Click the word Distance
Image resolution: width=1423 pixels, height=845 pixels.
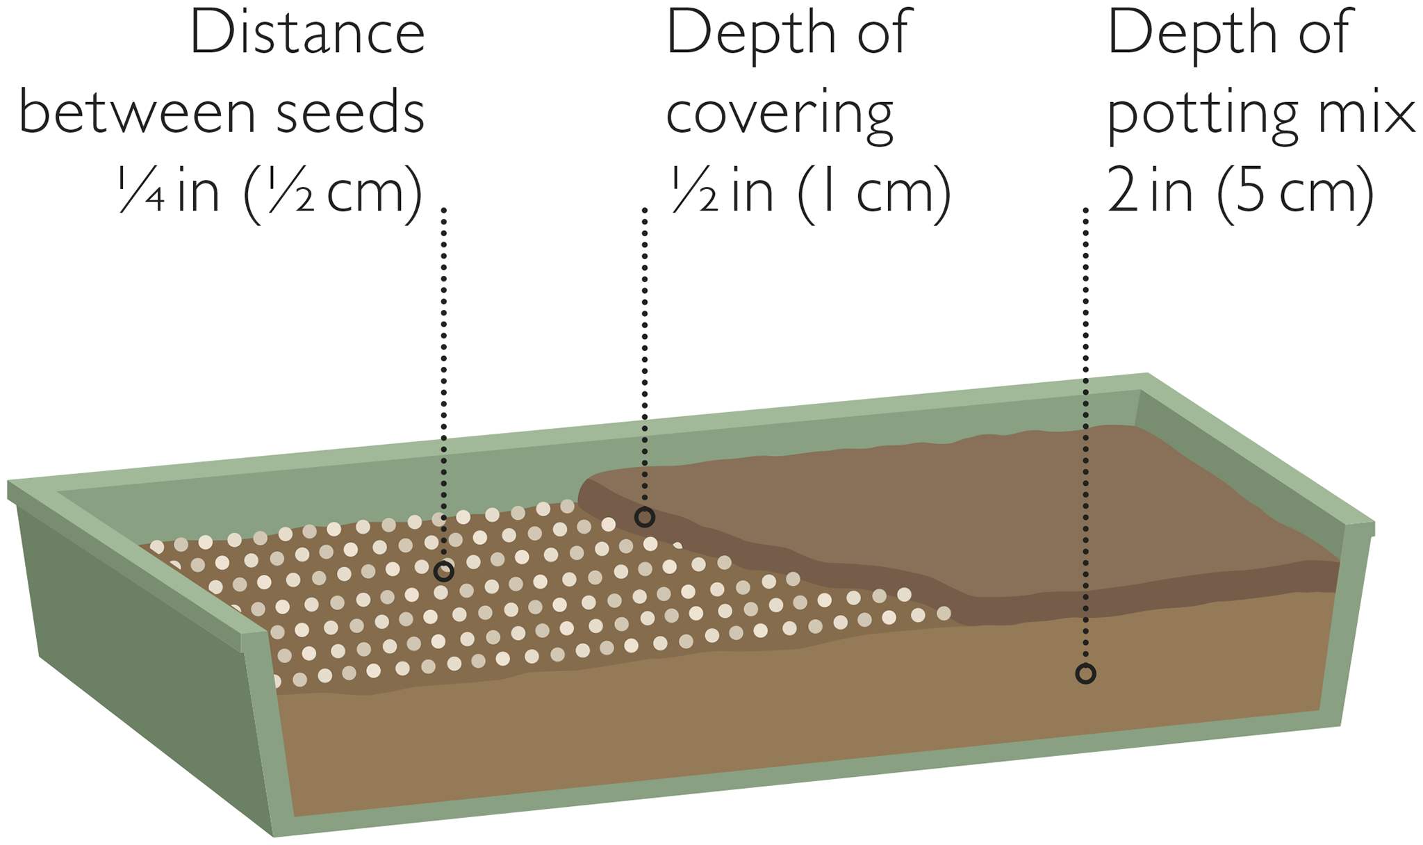coord(307,33)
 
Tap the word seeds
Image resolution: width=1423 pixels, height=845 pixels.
coord(351,112)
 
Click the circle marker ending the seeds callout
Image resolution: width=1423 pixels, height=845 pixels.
coord(443,572)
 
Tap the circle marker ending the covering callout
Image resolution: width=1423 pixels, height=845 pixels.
coord(645,517)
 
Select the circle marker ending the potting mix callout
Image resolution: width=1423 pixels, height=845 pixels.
coord(1085,673)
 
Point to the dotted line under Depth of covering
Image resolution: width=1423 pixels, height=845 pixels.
coord(645,357)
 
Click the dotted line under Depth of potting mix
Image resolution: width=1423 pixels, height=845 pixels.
coord(1085,435)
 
